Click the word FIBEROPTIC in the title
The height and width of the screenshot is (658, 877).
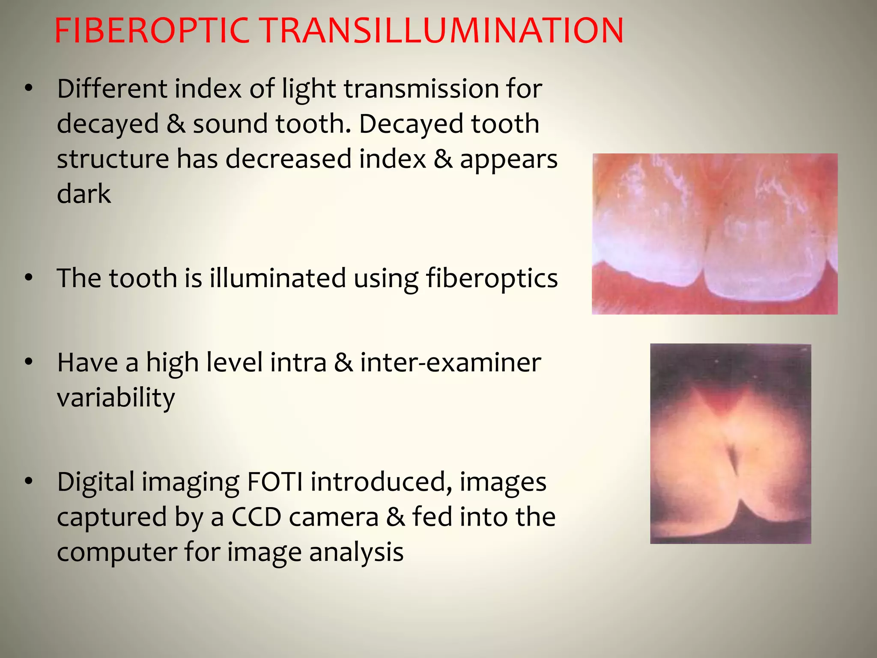pos(152,31)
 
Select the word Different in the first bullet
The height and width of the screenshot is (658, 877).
pos(112,89)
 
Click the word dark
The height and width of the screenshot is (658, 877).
pos(84,194)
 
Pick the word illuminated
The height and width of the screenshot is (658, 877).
pos(277,278)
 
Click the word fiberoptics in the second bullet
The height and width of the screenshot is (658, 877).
pos(492,279)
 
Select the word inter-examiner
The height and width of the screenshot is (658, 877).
pos(450,363)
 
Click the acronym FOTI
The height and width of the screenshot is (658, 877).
pos(274,482)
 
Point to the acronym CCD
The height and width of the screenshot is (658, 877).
pos(256,517)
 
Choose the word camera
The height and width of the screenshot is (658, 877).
pos(334,517)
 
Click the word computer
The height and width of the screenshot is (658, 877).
pos(117,553)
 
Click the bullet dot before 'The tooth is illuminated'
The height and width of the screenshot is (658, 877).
pos(29,278)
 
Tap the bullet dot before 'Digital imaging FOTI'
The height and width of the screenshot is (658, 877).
pos(29,482)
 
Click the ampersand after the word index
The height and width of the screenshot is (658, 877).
pos(443,159)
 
